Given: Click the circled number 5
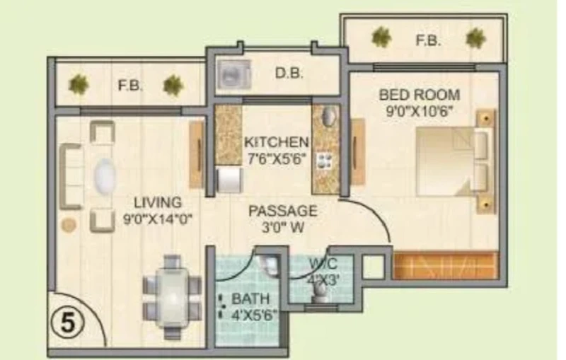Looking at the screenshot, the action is click(67, 322).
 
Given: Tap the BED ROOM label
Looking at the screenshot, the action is click(420, 95).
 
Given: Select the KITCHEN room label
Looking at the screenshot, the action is click(277, 142).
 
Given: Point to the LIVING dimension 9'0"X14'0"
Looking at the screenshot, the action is click(158, 219).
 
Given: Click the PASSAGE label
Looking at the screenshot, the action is click(283, 211).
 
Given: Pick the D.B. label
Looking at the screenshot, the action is click(289, 74).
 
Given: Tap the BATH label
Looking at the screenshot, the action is click(250, 298).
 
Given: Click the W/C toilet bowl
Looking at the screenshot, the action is click(320, 291).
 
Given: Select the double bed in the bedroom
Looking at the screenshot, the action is click(455, 161).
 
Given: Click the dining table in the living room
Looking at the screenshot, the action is click(172, 298).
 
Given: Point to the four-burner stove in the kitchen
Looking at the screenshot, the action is click(323, 161).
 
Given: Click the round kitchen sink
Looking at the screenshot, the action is click(328, 116).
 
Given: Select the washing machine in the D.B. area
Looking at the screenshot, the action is click(233, 75).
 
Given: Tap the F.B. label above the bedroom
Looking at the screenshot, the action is click(428, 40).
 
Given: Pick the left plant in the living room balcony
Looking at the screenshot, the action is click(79, 84).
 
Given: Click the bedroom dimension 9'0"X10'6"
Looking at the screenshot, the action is click(419, 111).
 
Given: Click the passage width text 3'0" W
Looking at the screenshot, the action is click(283, 228).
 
